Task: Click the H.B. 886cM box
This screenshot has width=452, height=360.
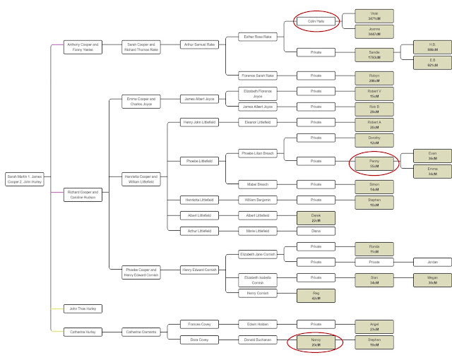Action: point(432,46)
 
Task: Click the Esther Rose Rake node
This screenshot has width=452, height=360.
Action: point(257,37)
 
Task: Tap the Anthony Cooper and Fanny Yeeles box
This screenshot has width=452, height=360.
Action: point(83,47)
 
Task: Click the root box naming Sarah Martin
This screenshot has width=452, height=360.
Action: point(25,180)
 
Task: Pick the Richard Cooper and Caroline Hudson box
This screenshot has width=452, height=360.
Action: point(83,194)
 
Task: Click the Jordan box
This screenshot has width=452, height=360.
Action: point(432,262)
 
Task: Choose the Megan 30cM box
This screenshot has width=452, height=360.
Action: point(432,281)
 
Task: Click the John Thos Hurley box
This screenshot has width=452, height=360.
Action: point(83,308)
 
